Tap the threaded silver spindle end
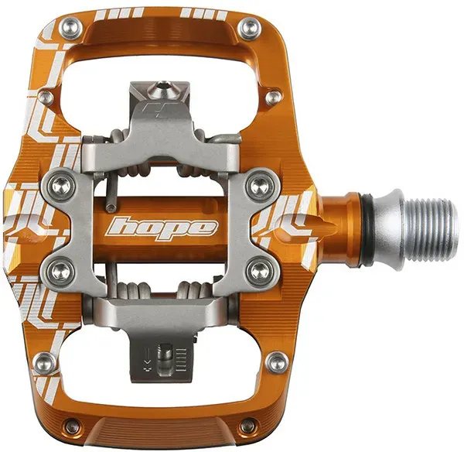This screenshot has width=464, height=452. tap(431, 228)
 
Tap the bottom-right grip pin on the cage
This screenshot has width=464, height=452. tap(248, 426)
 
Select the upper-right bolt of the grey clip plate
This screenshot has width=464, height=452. tap(260, 185)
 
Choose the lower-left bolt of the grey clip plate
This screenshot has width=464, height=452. tap(61, 269)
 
